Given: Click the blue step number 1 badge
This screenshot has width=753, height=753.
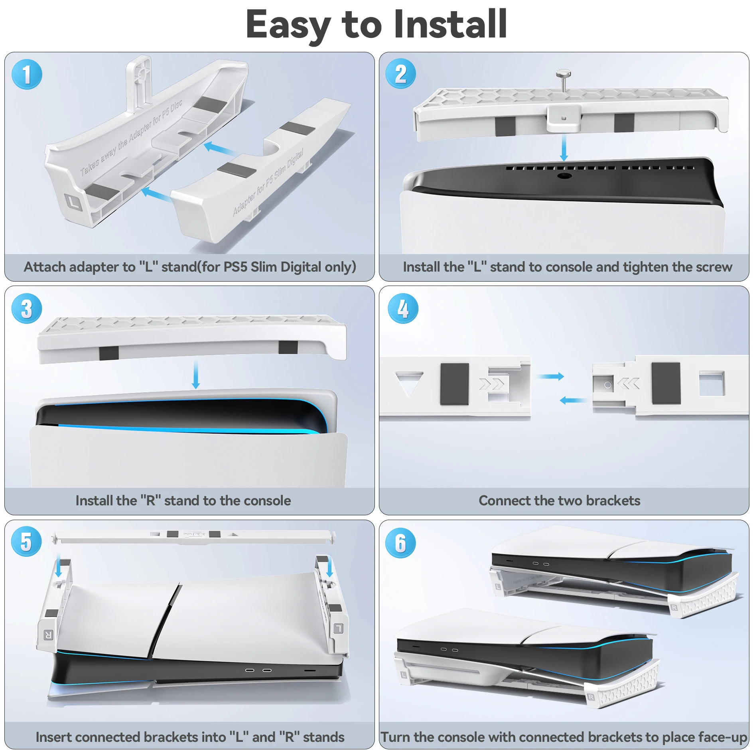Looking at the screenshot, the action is click(27, 75).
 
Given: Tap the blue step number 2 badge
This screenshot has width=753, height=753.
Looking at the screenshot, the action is click(400, 74).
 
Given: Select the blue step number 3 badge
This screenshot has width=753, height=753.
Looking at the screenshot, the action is click(27, 308).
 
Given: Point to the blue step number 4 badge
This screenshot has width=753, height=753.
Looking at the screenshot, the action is click(403, 308).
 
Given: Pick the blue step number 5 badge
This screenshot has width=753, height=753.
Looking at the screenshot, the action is click(26, 541).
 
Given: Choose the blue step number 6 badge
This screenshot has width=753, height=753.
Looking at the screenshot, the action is click(400, 543).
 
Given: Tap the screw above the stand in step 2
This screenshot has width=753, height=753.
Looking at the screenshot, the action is click(563, 80).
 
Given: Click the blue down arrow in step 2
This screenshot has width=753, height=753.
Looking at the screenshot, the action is click(564, 148).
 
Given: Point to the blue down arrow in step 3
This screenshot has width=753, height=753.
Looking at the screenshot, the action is click(195, 375).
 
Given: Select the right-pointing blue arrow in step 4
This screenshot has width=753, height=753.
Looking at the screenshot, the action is click(550, 376).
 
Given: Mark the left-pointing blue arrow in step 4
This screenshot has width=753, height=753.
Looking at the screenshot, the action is click(573, 400).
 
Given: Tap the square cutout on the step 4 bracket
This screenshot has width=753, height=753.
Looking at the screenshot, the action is click(712, 384).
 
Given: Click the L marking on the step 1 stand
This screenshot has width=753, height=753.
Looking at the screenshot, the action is click(73, 202).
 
